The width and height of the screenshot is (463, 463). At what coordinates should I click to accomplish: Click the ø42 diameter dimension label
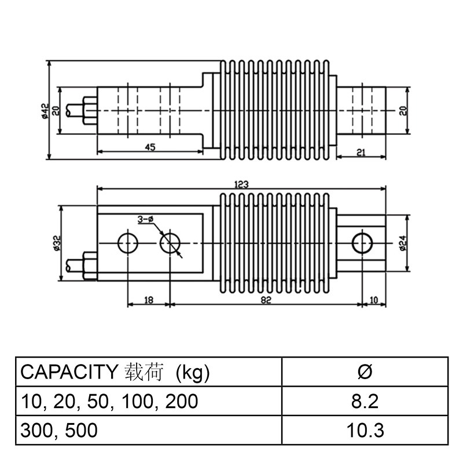(x=44, y=110)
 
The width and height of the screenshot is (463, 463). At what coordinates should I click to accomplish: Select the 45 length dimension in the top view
(x=149, y=148)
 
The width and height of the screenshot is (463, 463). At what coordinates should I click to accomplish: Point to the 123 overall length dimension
(x=241, y=185)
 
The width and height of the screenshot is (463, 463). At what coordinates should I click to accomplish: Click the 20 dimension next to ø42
(x=56, y=110)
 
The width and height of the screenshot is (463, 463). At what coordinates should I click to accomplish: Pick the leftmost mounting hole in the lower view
(x=127, y=243)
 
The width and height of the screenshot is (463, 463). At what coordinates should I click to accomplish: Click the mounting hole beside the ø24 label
(x=362, y=242)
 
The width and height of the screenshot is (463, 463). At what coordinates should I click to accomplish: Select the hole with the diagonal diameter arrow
(x=169, y=243)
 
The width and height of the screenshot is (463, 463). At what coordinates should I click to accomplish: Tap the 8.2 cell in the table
(x=365, y=400)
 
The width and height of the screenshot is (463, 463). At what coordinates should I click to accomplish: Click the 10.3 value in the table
(x=365, y=431)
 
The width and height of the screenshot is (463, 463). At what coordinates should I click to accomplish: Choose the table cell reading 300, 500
(x=59, y=431)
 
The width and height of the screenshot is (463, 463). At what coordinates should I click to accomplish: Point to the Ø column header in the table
(x=365, y=371)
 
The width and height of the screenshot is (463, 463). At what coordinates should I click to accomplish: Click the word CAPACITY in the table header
(x=69, y=371)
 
